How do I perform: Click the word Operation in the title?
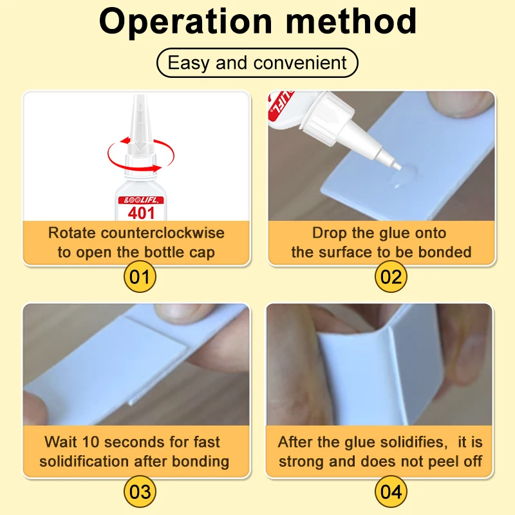186,21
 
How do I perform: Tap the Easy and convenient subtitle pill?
257,62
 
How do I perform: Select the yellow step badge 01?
140,277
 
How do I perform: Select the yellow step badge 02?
391,277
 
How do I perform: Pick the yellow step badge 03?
140,492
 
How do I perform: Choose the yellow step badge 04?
391,492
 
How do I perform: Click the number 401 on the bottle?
141,213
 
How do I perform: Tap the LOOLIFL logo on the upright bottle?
141,200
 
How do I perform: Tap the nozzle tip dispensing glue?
397,166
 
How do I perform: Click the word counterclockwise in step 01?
163,233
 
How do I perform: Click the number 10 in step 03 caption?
90,442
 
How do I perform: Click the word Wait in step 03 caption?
61,442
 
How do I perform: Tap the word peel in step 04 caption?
444,462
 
